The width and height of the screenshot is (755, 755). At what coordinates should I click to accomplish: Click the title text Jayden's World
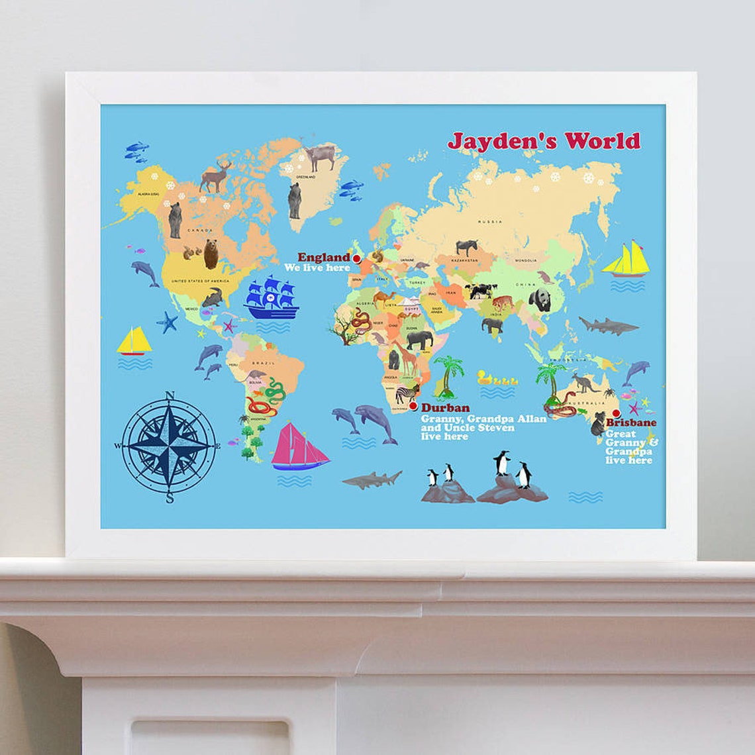[544, 140]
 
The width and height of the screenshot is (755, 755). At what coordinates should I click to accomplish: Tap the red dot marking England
[356, 258]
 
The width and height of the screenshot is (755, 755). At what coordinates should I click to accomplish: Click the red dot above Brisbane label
[616, 413]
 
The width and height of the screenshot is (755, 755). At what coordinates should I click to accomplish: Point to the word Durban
[445, 408]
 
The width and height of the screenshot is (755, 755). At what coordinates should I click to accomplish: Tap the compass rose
[170, 446]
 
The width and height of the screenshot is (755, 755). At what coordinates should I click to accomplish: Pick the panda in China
[540, 300]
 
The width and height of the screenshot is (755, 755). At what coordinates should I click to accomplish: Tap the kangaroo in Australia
[583, 382]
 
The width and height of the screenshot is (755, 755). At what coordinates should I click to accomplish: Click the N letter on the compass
[170, 396]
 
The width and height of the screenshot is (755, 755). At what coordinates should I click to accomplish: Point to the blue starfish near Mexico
[167, 322]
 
